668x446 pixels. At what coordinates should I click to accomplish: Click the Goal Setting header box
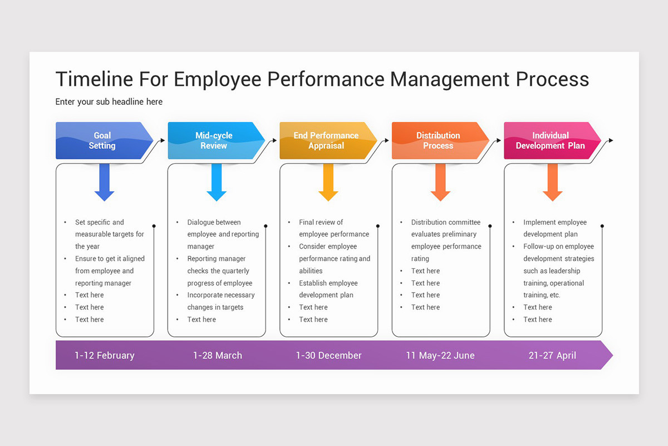tap(102, 140)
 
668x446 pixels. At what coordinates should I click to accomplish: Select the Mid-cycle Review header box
tap(214, 140)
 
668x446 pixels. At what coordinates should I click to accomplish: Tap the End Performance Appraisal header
tap(326, 140)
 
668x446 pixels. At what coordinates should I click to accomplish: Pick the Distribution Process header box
tap(438, 140)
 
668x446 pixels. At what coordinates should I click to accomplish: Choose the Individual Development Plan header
tap(550, 140)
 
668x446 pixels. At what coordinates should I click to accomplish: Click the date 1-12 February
tap(105, 355)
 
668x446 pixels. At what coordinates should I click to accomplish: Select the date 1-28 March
tap(218, 355)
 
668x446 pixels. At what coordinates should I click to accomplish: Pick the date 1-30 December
tap(328, 355)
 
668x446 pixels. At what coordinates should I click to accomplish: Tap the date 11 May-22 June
tap(440, 355)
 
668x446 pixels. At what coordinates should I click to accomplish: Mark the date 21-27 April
tap(552, 355)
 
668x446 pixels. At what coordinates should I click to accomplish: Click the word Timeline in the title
tap(94, 79)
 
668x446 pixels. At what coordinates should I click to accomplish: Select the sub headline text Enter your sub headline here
tap(109, 102)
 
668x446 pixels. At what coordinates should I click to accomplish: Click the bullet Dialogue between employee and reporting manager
tap(223, 234)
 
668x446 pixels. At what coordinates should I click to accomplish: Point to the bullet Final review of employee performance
tap(333, 228)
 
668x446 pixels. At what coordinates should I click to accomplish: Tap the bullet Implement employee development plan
tap(554, 228)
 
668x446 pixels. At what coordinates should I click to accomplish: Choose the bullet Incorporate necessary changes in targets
tap(220, 301)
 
